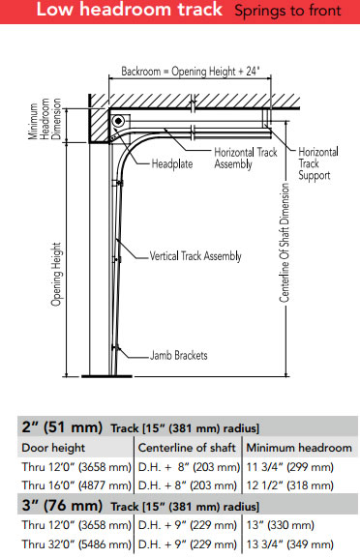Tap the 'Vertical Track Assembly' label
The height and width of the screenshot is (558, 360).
tap(195, 256)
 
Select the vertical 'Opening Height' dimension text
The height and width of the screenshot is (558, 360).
tap(56, 272)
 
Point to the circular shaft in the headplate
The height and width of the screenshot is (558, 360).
tap(116, 122)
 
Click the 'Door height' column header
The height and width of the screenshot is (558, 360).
tap(53, 448)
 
